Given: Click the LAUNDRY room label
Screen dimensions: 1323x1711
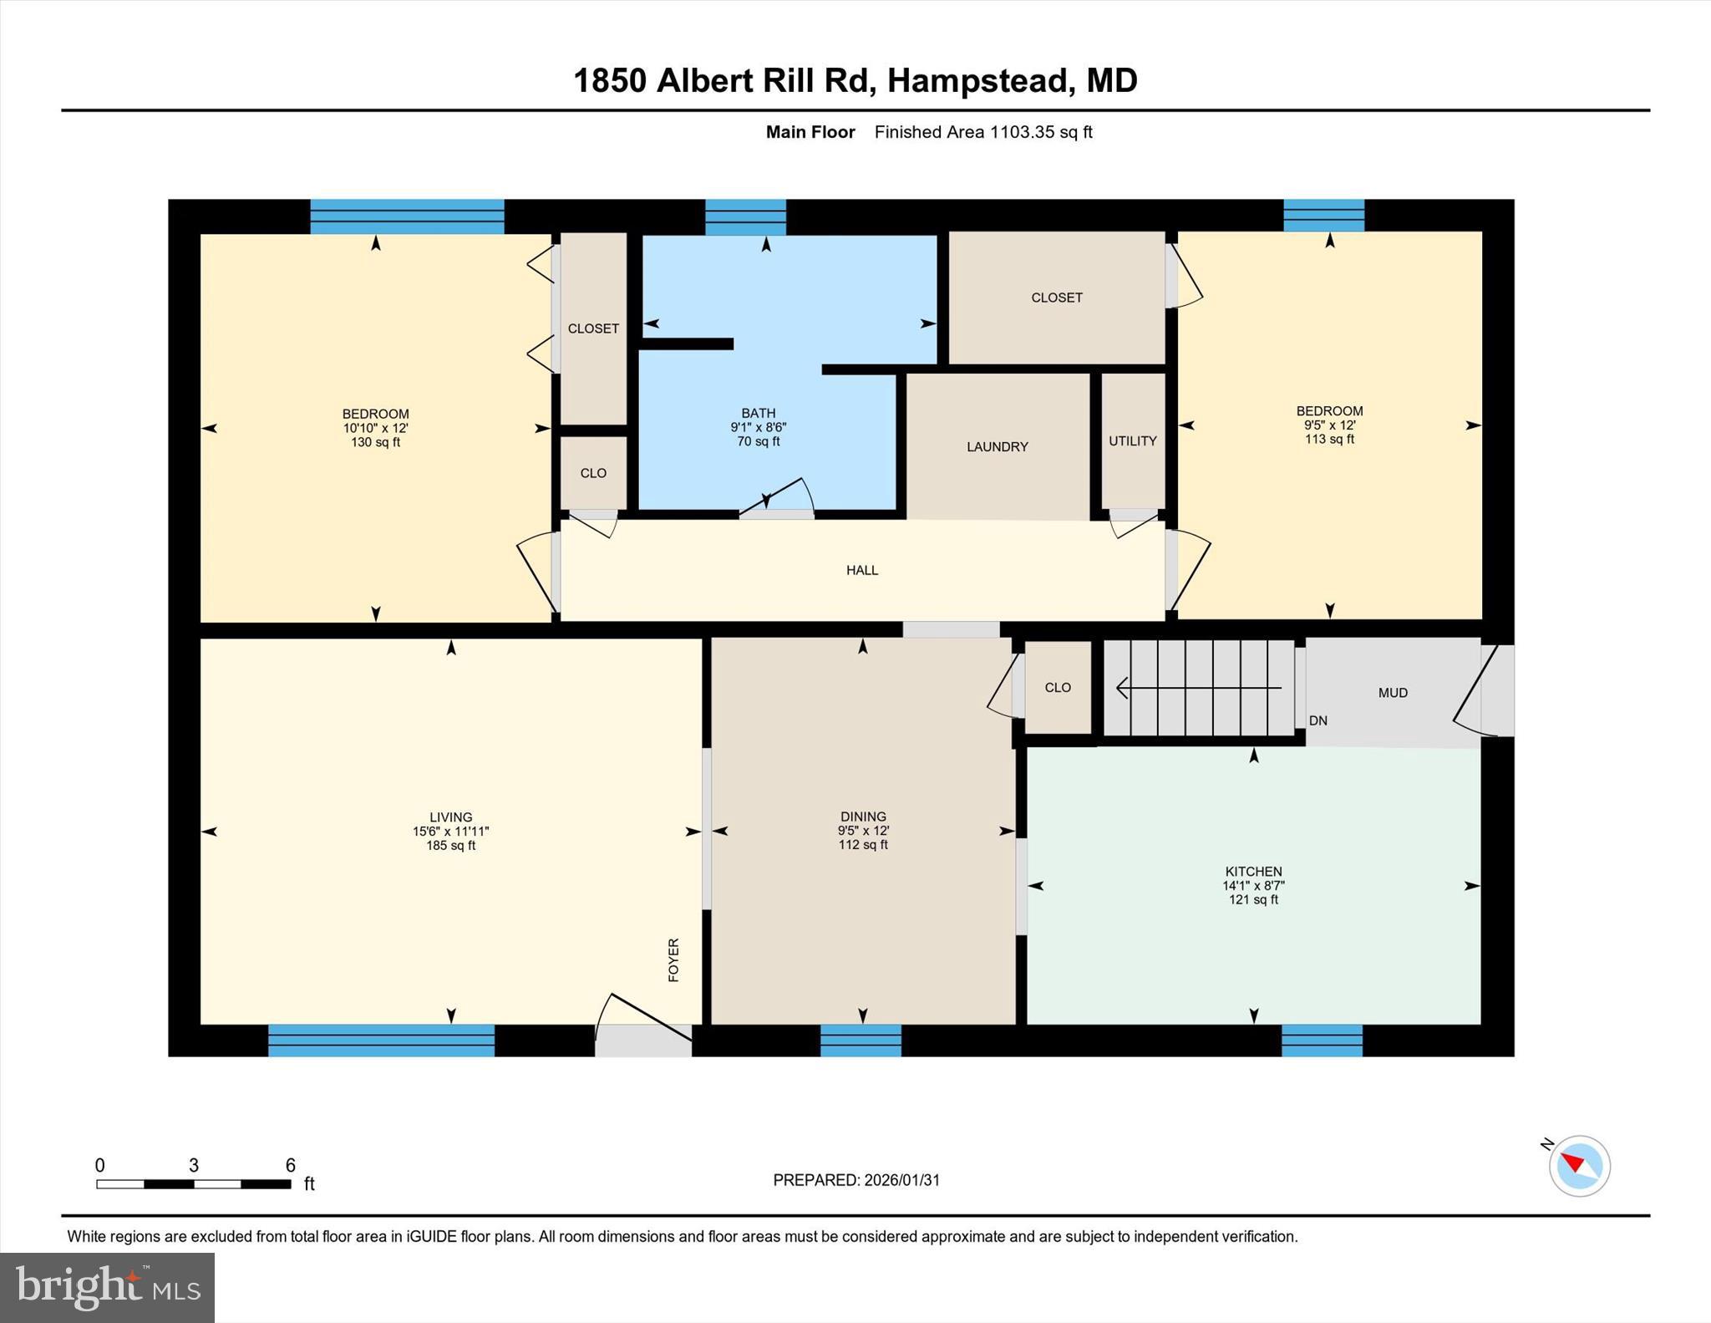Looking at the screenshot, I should click(997, 447).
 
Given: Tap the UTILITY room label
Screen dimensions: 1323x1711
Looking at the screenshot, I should click(1132, 441).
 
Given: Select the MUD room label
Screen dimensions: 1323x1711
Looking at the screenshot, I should click(1393, 693).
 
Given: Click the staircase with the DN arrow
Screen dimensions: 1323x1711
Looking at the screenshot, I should click(1199, 688).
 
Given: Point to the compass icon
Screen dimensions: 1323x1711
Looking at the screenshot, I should click(1578, 1165).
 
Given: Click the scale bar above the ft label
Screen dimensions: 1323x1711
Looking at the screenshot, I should click(193, 1183).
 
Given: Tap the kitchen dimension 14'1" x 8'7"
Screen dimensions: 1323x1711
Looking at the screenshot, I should click(1253, 886).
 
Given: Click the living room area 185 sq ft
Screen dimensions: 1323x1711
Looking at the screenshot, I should click(450, 846).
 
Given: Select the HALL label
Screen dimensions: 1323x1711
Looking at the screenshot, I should click(861, 571).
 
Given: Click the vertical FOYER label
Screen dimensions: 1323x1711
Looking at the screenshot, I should click(673, 959).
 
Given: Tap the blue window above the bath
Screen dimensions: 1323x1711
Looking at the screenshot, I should click(745, 217).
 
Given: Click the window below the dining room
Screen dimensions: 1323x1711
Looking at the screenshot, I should click(861, 1041).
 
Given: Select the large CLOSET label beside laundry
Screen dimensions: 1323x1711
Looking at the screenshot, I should click(1056, 298).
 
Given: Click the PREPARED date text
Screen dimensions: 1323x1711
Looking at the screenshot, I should click(856, 1180).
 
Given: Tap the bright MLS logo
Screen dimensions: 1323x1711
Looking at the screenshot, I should click(107, 1287).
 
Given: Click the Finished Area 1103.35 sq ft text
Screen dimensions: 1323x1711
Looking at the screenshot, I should click(982, 132).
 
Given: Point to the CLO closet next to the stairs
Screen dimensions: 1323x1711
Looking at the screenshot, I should click(1057, 688).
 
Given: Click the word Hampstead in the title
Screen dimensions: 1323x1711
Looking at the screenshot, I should click(977, 81).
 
